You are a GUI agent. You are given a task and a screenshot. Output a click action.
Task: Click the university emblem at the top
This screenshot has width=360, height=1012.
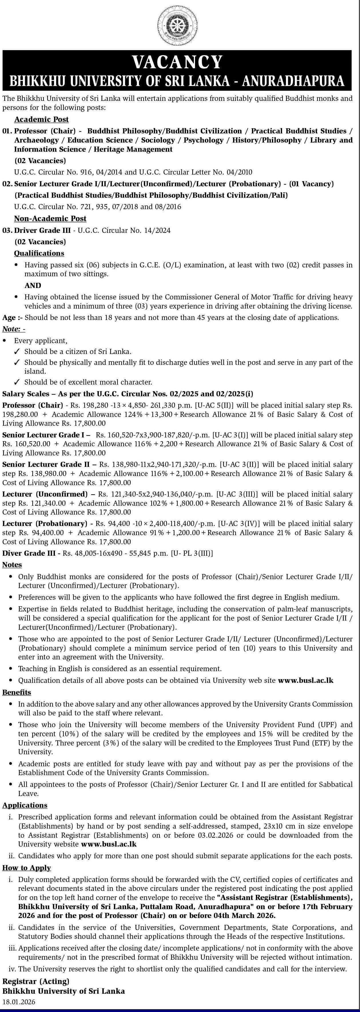(177, 25)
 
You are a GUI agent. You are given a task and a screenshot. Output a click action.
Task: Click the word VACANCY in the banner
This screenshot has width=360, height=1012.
(177, 62)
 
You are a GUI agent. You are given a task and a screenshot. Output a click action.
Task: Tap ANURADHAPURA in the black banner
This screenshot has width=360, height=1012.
(294, 81)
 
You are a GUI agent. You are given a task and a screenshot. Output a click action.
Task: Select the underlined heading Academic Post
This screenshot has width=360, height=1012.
(41, 119)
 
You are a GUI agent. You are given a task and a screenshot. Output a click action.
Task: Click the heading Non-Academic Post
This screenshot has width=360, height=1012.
(50, 218)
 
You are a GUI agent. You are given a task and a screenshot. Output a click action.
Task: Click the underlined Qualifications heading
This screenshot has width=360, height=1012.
(39, 253)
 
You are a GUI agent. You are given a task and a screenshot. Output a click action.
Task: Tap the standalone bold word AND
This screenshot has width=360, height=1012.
(33, 286)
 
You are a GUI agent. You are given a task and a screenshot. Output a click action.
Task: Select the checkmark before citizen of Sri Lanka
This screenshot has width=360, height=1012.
(17, 352)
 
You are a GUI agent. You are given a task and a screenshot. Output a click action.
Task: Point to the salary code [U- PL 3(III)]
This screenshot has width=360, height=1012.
(191, 553)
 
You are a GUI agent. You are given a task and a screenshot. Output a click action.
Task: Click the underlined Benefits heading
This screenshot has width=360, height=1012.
(17, 692)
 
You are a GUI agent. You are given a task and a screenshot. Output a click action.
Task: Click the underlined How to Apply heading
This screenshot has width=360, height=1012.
(27, 867)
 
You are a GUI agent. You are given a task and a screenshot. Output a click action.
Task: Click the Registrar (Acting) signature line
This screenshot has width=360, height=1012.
(36, 981)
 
